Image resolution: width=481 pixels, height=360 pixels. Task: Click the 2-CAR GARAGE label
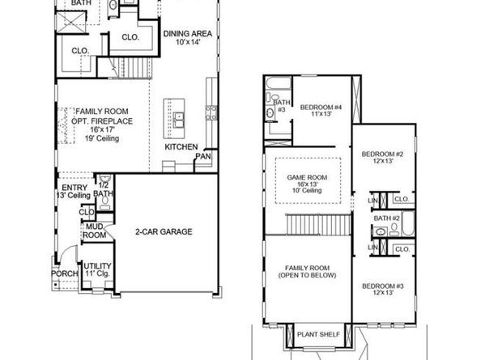click(x=164, y=231)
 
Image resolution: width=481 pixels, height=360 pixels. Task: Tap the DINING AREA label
click(x=187, y=33)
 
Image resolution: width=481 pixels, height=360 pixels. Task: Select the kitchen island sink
click(x=178, y=120)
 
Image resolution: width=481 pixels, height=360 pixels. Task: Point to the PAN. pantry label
click(x=203, y=156)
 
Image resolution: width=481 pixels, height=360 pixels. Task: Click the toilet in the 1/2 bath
click(x=105, y=201)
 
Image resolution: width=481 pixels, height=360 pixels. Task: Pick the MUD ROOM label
click(x=95, y=231)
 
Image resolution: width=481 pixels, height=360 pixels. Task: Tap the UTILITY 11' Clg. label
click(x=97, y=269)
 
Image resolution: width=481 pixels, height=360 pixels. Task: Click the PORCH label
click(x=65, y=273)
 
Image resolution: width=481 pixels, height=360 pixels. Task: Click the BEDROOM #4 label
click(x=321, y=108)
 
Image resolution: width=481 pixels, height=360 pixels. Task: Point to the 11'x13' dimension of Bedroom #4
click(x=321, y=114)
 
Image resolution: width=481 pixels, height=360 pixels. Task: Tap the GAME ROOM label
click(x=307, y=177)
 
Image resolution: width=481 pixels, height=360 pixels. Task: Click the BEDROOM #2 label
click(x=382, y=154)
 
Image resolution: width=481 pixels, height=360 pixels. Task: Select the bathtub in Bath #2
click(x=408, y=223)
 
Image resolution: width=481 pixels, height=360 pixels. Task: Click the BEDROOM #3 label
click(x=383, y=286)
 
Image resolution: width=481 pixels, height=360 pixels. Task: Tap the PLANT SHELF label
click(x=318, y=334)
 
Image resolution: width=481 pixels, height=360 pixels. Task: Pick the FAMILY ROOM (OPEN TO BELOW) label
click(x=307, y=272)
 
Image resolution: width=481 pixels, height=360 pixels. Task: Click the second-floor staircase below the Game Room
click(x=318, y=224)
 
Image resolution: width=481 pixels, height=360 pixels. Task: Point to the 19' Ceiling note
click(x=102, y=138)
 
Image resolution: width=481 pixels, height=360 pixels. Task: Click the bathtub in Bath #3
click(x=279, y=83)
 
